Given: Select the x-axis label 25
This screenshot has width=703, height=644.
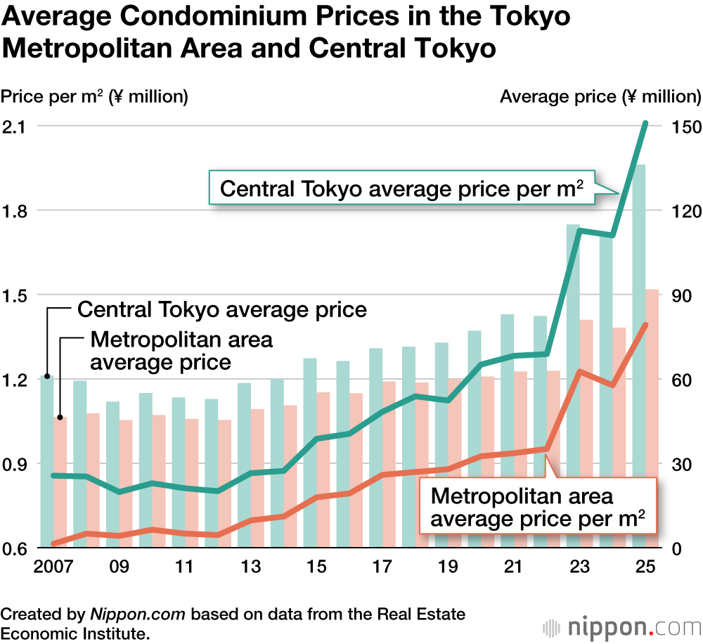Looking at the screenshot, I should click(x=645, y=567).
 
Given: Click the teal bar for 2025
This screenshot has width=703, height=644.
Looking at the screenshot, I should click(x=639, y=352).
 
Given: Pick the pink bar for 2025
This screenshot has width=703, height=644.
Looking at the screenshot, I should click(x=652, y=422).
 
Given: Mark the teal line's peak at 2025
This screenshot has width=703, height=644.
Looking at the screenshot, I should click(x=645, y=123).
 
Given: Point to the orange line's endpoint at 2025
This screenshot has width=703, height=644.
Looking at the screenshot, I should click(x=645, y=324).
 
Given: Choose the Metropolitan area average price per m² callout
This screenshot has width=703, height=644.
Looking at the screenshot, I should click(x=538, y=508).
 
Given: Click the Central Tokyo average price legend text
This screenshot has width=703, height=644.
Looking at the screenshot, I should click(x=222, y=309).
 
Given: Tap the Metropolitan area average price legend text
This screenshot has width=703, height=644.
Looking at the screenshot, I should click(x=181, y=351).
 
